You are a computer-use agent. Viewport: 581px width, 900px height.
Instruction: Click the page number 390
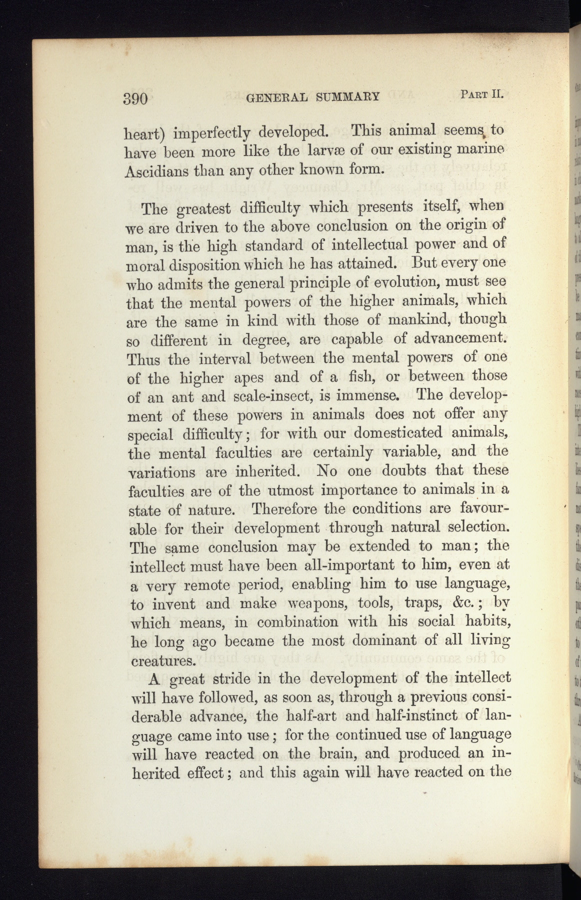point(136,97)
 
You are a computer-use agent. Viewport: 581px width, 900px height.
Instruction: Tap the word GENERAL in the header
point(276,96)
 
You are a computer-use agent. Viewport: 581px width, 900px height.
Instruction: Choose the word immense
point(365,396)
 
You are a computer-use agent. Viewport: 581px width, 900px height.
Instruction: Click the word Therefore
point(284,509)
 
